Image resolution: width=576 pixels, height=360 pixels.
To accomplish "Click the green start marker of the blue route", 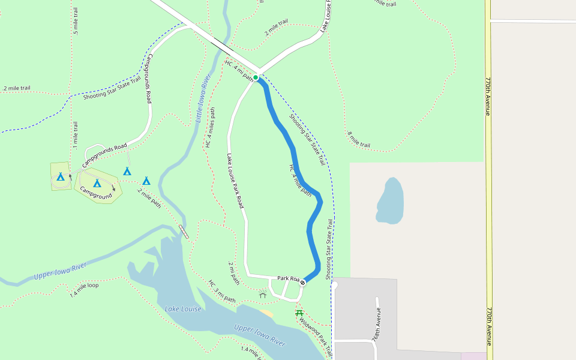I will pyautogui.click(x=256, y=77).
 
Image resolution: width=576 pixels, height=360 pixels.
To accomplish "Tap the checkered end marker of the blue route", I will pyautogui.click(x=303, y=283).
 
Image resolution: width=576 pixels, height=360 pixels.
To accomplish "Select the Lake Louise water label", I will pyautogui.click(x=183, y=309).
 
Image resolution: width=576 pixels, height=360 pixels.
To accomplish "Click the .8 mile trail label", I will pyautogui.click(x=358, y=140).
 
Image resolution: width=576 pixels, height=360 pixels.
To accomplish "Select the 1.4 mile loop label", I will pyautogui.click(x=84, y=289).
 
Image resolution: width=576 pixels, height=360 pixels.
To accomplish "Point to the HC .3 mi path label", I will pyautogui.click(x=222, y=292).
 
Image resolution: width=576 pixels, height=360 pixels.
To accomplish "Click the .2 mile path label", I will pyautogui.click(x=149, y=198).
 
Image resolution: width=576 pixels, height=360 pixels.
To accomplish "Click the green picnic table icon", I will pyautogui.click(x=299, y=313).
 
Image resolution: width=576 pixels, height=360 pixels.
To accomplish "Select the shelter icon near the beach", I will pyautogui.click(x=262, y=294).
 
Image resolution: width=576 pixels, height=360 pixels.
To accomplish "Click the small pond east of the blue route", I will pyautogui.click(x=389, y=201).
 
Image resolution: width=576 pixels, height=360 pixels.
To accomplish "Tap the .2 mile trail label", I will pyautogui.click(x=16, y=88).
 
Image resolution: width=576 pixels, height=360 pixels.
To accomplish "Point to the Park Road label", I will pyautogui.click(x=287, y=278).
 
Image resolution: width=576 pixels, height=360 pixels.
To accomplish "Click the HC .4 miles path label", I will pyautogui.click(x=210, y=127).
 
